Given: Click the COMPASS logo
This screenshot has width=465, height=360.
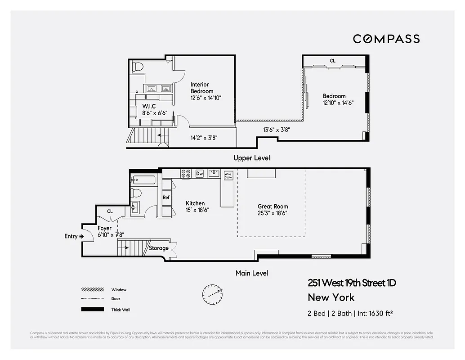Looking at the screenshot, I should tap(386, 39).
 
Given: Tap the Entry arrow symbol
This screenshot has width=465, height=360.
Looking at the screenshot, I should tap(81, 236).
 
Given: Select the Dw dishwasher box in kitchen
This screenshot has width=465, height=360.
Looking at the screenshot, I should tap(200, 173).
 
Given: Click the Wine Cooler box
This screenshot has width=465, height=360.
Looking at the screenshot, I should tap(228, 175).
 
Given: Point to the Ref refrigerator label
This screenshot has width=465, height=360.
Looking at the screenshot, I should tap(166, 197).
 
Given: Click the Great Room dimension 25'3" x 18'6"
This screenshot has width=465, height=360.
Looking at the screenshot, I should tap(273, 213).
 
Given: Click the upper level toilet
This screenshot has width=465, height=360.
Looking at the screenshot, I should tap(138, 67).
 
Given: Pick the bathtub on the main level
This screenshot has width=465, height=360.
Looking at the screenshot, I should tap(143, 181).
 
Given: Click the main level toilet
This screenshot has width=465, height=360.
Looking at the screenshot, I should tap(136, 193).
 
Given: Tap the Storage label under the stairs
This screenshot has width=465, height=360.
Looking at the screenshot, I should tap(159, 248).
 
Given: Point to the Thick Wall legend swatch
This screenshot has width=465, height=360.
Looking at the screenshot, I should tap(92, 310).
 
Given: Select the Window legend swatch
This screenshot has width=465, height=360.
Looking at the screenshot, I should tap(92, 290).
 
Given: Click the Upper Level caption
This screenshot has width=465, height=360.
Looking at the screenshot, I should tap(251, 158).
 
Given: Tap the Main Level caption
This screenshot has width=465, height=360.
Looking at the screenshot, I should tap(252, 273).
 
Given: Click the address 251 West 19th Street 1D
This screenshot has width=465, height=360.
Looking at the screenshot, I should tap(352, 283).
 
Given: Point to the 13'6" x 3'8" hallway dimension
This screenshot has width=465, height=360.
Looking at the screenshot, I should tap(276, 130).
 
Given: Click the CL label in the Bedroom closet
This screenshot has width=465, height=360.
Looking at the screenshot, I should tap(332, 61).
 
